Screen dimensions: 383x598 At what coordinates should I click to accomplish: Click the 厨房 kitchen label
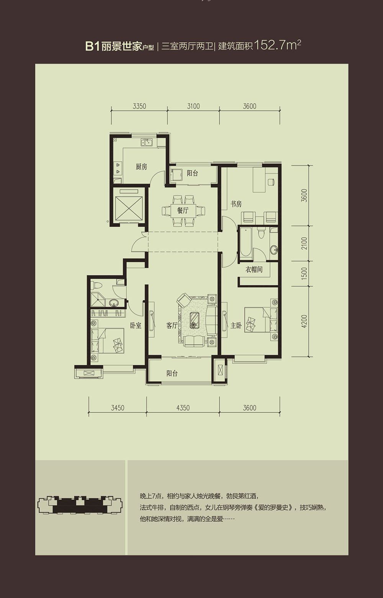tap(141, 167)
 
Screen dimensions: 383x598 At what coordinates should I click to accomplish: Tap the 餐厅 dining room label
tap(183, 210)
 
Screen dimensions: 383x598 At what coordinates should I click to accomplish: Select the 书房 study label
tap(236, 204)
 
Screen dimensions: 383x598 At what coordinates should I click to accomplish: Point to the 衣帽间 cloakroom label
tap(254, 269)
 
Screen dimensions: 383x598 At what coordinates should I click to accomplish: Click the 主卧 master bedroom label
tap(236, 325)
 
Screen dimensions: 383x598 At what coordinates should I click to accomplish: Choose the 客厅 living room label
tap(172, 325)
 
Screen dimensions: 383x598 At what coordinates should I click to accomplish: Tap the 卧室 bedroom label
tap(136, 325)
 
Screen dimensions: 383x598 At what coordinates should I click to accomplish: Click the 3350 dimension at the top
tap(139, 106)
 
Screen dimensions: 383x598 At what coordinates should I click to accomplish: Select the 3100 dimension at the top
tap(193, 106)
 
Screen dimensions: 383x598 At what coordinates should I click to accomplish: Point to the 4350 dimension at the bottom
tap(183, 408)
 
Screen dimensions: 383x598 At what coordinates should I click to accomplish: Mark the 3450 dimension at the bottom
tap(118, 408)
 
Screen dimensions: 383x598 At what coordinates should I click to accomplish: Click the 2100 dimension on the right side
tap(304, 243)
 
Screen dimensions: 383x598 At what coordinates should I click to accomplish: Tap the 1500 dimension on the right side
tap(304, 274)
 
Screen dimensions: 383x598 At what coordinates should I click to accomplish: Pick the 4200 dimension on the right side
tap(304, 321)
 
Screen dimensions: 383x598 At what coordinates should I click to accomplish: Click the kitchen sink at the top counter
tap(147, 142)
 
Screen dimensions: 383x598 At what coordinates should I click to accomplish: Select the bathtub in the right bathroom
tap(246, 243)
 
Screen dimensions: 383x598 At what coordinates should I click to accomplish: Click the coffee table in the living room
tap(194, 320)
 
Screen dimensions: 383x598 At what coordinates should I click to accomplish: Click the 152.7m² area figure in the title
tap(278, 45)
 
